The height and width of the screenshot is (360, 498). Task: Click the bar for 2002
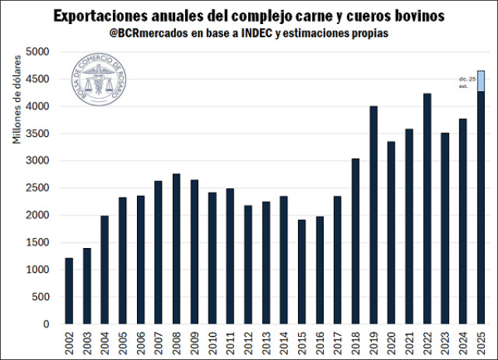point(68,291)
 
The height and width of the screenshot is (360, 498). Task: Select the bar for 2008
point(177,249)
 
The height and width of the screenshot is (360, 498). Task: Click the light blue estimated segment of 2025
point(482,81)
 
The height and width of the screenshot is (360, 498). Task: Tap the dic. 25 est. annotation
point(466,83)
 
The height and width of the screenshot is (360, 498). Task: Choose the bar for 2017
point(338,260)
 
